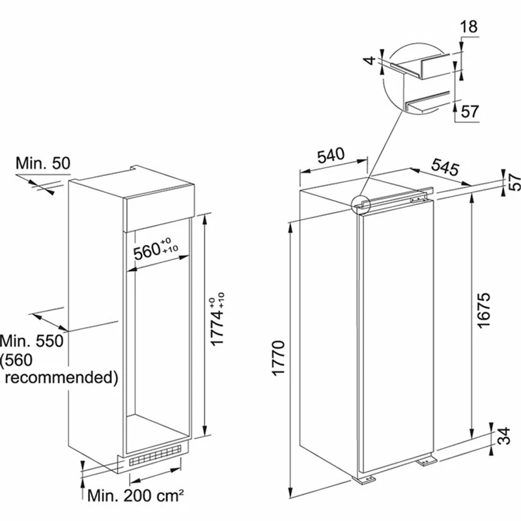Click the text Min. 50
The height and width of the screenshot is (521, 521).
43,163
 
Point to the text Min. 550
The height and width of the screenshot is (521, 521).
33,341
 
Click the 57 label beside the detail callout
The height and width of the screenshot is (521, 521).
470,111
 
